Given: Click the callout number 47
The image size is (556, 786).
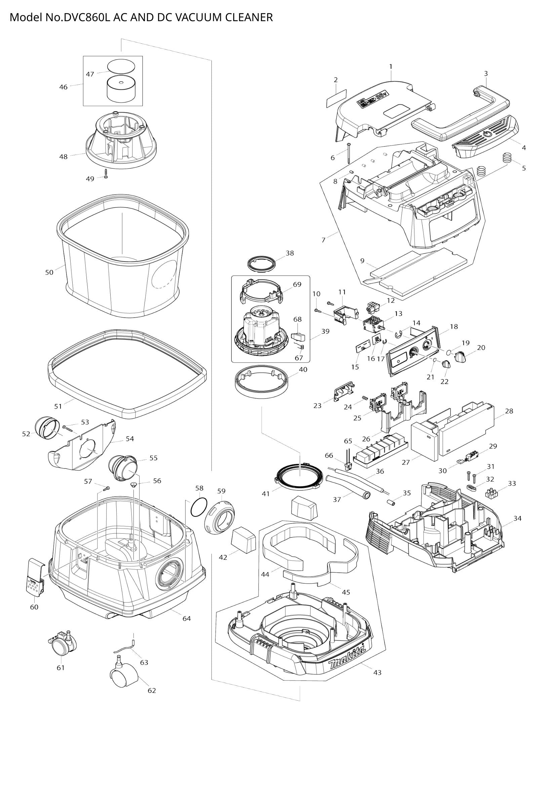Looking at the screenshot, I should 90,74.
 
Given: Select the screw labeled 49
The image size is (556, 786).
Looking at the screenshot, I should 106,174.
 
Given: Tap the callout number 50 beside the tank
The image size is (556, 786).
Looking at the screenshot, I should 49,273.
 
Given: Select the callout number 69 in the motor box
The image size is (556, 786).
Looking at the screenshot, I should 297,285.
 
